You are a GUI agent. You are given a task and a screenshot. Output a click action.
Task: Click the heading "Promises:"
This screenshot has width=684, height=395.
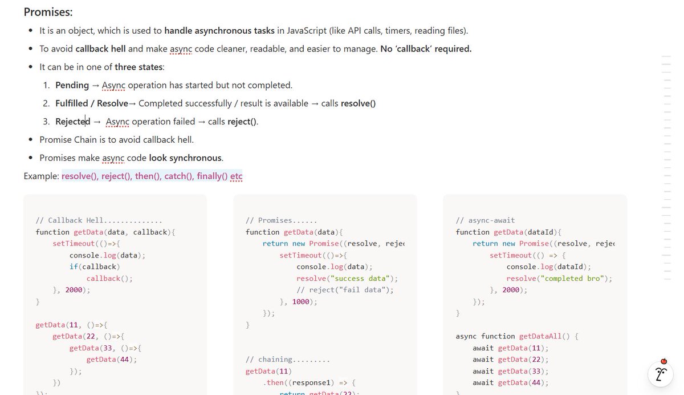[48, 12]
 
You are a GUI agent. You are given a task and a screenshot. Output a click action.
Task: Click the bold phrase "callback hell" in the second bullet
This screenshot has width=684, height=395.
[100, 49]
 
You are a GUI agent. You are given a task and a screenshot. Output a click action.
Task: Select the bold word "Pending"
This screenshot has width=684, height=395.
[72, 85]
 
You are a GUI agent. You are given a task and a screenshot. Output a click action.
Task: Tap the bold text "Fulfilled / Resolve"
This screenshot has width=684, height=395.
[92, 103]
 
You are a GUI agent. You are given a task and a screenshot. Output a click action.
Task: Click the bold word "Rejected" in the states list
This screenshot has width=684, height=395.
[73, 122]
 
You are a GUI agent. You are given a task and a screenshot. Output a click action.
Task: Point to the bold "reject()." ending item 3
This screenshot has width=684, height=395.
[243, 122]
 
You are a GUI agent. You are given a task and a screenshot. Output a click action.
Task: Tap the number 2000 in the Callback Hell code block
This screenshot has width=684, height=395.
[74, 290]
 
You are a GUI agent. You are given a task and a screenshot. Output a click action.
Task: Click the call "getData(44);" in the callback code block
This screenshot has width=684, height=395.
[112, 360]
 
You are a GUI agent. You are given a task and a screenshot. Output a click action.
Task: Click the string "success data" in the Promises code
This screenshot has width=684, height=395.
[359, 279]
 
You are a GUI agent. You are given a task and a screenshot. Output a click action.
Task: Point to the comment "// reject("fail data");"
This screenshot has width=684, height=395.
[345, 290]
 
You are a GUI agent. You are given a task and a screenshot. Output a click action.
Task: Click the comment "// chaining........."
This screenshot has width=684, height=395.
[288, 360]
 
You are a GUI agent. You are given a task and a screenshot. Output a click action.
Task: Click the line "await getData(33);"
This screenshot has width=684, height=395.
[510, 371]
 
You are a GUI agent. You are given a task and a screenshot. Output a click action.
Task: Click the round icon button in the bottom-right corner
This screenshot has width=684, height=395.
[661, 374]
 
